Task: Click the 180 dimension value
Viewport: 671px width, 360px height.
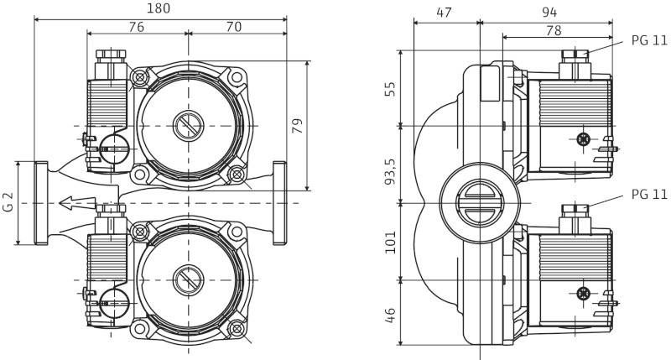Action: (x=159, y=8)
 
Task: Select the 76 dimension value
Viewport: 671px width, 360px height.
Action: (x=137, y=27)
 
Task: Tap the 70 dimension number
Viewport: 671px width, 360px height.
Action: (x=234, y=27)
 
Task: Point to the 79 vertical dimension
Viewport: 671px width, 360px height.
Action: (x=298, y=125)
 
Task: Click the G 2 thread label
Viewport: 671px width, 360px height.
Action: (x=8, y=202)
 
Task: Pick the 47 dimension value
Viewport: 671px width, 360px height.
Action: (x=444, y=13)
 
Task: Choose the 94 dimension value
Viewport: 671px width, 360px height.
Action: (x=549, y=13)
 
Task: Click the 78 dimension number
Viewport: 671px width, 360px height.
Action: (x=554, y=30)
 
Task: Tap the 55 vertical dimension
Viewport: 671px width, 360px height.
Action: (x=390, y=89)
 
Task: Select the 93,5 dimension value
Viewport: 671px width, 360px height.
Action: (x=390, y=171)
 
